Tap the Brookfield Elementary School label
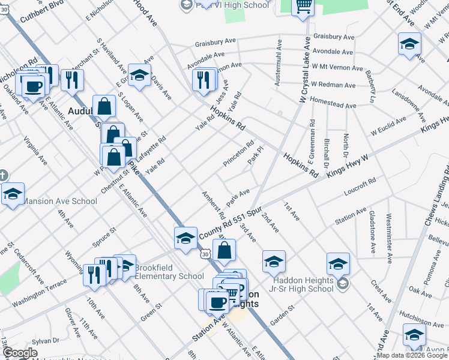[169, 272]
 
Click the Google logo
[20, 353]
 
